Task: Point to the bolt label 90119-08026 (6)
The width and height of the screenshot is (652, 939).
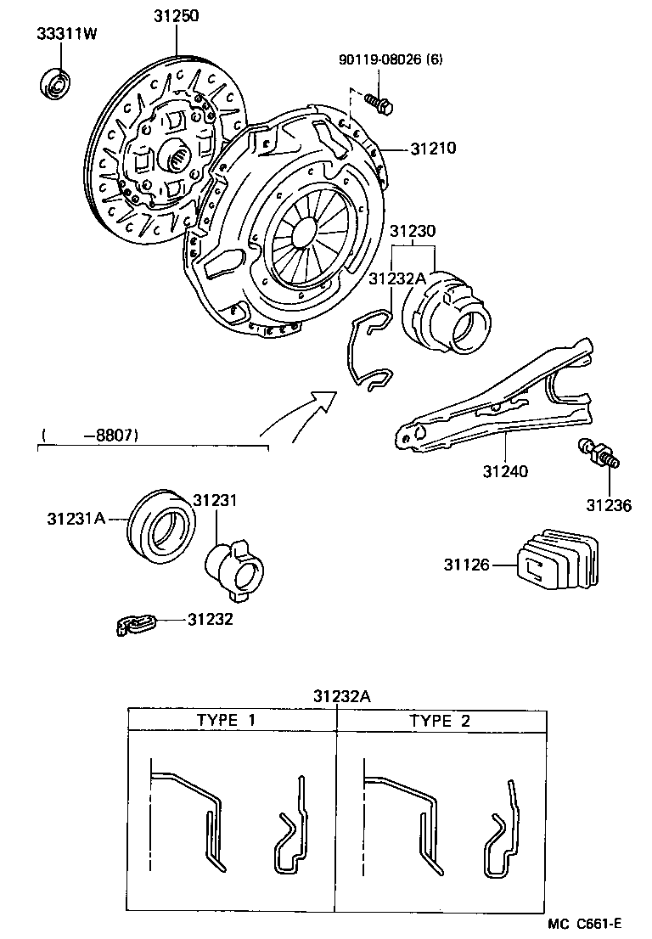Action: point(391,59)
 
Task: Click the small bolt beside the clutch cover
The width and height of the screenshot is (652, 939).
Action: point(379,104)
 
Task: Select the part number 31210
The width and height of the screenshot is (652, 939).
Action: point(433,149)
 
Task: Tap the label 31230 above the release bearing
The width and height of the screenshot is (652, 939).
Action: point(413,231)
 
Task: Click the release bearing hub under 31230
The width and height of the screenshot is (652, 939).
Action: point(447,315)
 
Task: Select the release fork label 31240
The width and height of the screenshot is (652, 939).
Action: point(506,469)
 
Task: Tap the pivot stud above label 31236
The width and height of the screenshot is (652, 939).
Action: point(598,454)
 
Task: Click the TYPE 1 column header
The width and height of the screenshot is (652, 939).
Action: point(226,720)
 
